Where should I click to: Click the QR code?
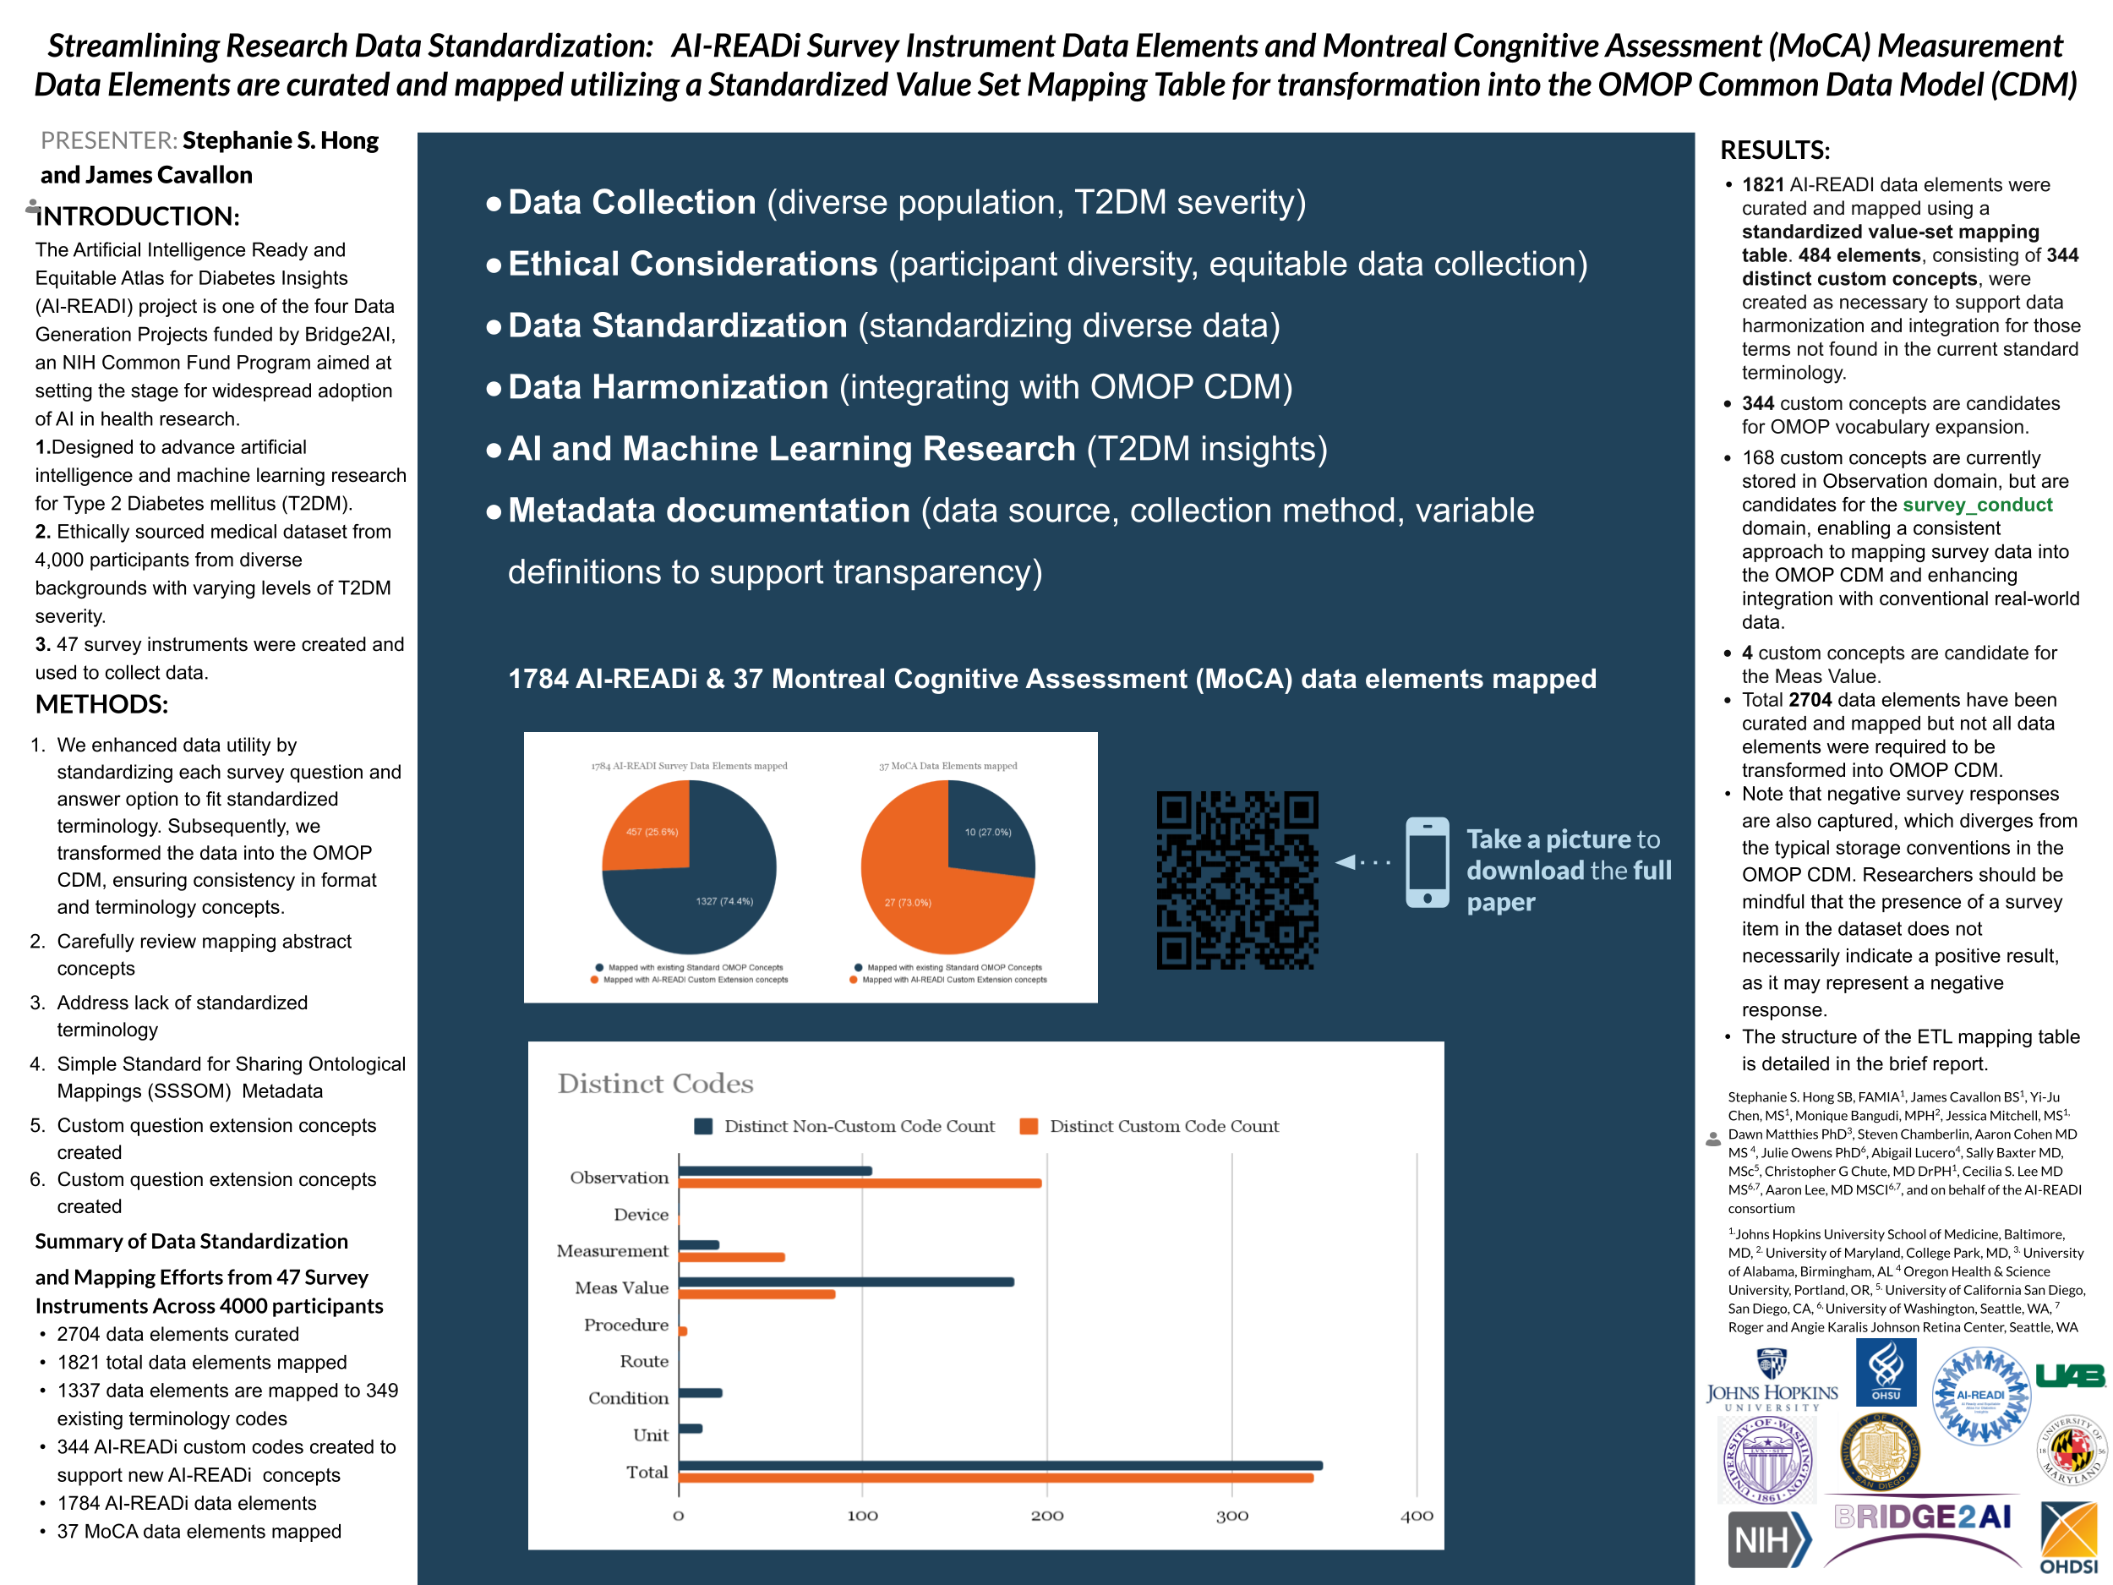pos(1237,879)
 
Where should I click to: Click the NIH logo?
pos(1767,1539)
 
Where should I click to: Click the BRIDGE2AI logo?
pos(1922,1517)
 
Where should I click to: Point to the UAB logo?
pos(2069,1375)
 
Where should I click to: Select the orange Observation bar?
pos(860,1183)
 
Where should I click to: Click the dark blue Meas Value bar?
pos(846,1282)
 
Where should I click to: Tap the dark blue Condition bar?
pos(700,1393)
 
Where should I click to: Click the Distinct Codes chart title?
pos(655,1084)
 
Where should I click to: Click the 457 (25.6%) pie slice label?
pos(652,832)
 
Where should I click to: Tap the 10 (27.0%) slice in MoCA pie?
pos(988,832)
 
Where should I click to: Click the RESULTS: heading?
pos(1774,150)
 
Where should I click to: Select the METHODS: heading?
pos(101,704)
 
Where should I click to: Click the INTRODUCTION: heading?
pos(137,216)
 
